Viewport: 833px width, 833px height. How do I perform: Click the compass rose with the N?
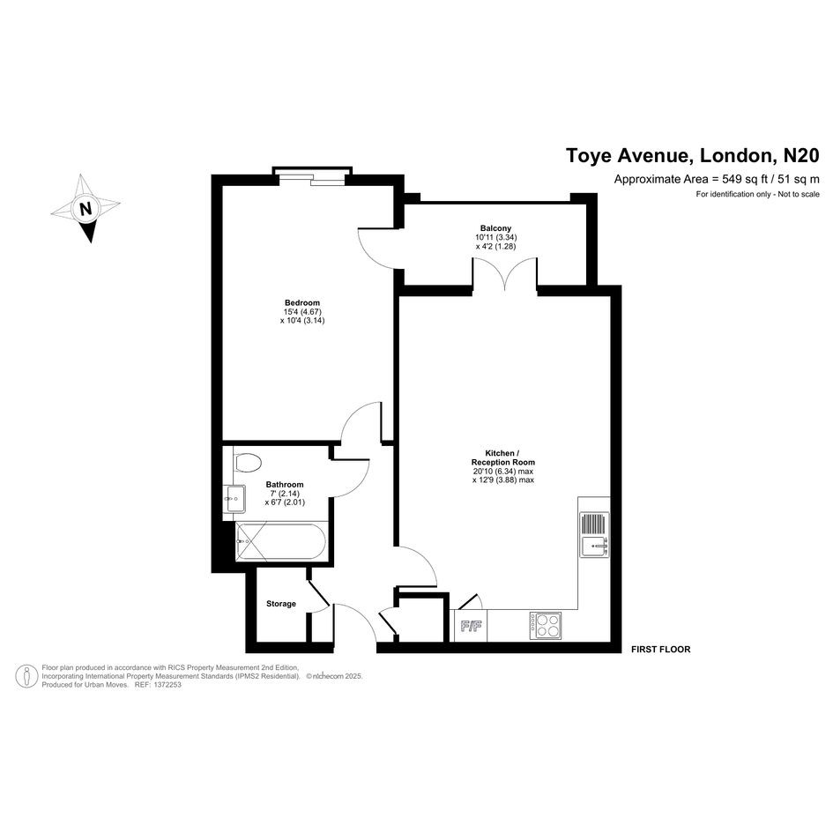click(86, 208)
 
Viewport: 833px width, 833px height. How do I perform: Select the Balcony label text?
click(495, 228)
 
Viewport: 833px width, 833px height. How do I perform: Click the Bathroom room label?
click(285, 484)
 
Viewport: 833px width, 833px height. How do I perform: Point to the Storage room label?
click(281, 604)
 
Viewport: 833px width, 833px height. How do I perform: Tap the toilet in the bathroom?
click(249, 462)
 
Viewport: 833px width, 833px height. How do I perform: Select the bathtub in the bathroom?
click(281, 541)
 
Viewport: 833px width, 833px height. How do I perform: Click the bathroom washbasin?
click(234, 499)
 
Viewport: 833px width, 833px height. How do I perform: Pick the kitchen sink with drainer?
click(594, 534)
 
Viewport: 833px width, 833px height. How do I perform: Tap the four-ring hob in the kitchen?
click(546, 625)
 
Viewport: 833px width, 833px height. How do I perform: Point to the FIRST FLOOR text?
click(661, 650)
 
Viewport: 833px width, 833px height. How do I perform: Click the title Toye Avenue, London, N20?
click(693, 156)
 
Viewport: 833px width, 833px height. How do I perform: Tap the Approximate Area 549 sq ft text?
click(717, 179)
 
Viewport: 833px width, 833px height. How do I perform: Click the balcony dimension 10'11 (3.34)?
click(495, 237)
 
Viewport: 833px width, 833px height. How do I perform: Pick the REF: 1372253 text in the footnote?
click(158, 685)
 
